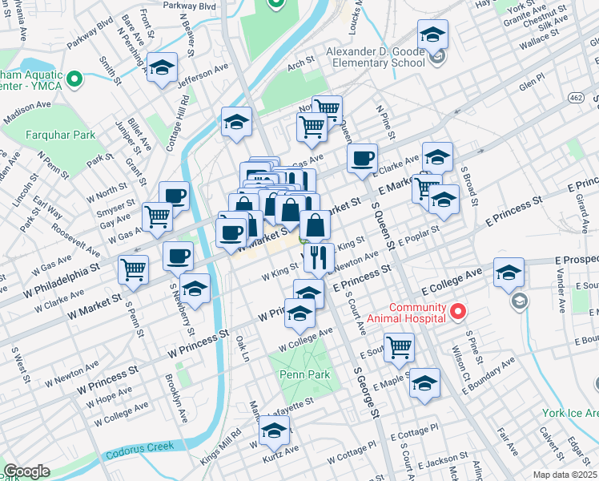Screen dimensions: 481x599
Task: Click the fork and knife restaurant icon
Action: coord(319,257)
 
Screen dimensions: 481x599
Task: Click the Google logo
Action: coord(26,471)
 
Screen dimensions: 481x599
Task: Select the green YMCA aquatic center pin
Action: coord(74,79)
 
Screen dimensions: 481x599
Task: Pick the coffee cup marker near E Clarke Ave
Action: coord(363,157)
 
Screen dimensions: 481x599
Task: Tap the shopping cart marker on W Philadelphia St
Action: coord(134,269)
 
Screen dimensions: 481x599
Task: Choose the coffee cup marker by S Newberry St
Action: coord(178,255)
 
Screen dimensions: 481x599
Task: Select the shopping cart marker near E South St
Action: coord(399,346)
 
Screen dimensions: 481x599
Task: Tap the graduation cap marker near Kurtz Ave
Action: coord(274,434)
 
